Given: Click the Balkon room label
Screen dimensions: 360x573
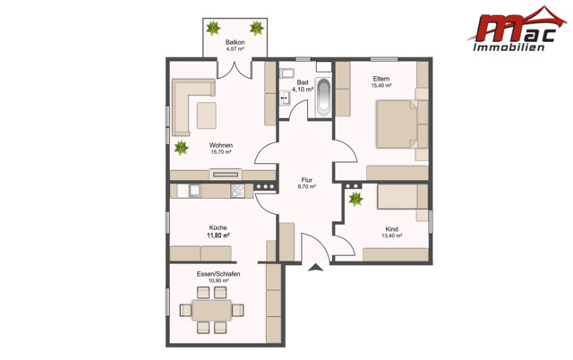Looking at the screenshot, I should (x=235, y=42).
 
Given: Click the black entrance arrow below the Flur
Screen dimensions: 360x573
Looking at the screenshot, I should (x=314, y=267).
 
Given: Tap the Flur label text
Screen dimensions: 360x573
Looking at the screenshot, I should (x=306, y=180).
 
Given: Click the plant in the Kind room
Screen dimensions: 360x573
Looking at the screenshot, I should (x=355, y=198).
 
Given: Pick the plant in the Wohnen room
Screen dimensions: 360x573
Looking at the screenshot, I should (x=183, y=147).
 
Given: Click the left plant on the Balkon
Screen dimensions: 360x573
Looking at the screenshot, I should (x=215, y=28).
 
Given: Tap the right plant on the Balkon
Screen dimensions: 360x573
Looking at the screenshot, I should (x=257, y=28).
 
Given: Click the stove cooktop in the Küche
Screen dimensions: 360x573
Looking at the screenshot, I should (x=238, y=190).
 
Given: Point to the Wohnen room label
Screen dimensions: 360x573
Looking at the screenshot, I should (x=221, y=145).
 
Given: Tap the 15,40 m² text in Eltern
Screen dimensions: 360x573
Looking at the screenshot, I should (x=381, y=87).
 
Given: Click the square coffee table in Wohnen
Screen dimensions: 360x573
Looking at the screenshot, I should (x=208, y=115).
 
